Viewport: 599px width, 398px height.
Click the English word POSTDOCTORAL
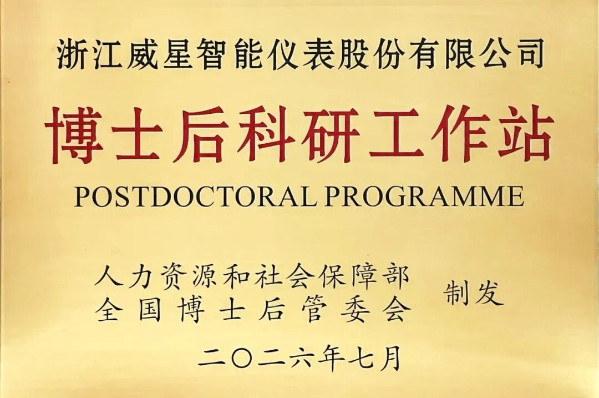click(x=195, y=197)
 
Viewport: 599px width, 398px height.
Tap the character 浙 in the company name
click(x=70, y=54)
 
